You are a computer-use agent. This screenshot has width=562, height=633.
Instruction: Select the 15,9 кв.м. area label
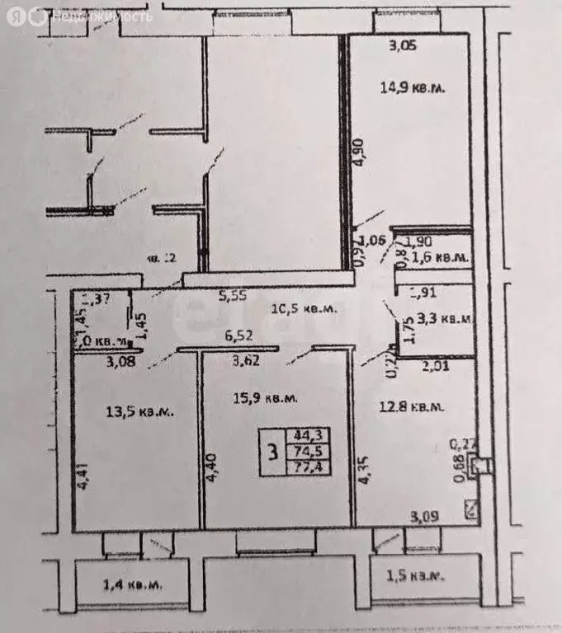pyautogui.click(x=262, y=398)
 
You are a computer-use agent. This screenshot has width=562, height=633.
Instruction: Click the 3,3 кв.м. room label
pyautogui.click(x=443, y=317)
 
